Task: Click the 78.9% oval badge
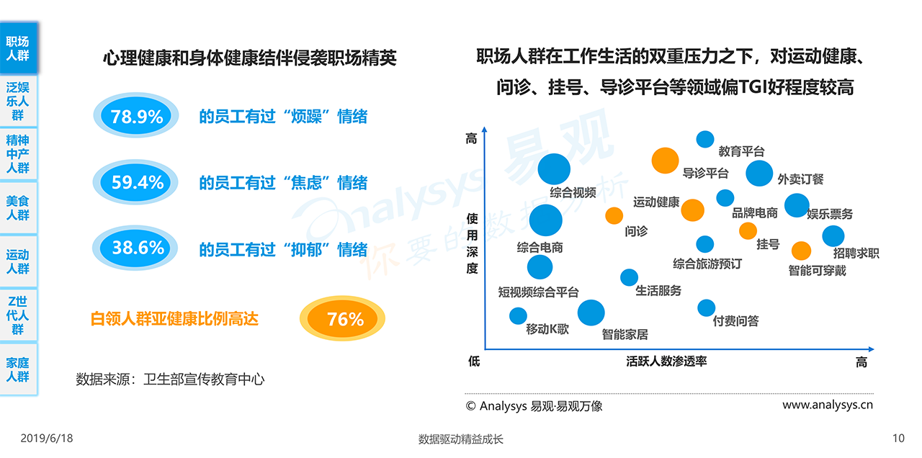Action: pyautogui.click(x=137, y=116)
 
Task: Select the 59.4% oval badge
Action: pyautogui.click(x=137, y=183)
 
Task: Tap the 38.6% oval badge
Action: pyautogui.click(x=137, y=248)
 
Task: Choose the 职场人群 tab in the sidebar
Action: pyautogui.click(x=18, y=48)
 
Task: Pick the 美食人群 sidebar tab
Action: pyautogui.click(x=18, y=208)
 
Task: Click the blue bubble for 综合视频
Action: pyautogui.click(x=554, y=169)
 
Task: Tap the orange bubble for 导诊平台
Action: pyautogui.click(x=665, y=161)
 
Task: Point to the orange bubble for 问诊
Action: pyautogui.click(x=614, y=215)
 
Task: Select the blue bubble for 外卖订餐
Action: pyautogui.click(x=759, y=174)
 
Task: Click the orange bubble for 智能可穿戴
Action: pyautogui.click(x=801, y=251)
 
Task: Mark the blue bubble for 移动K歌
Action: pyautogui.click(x=518, y=315)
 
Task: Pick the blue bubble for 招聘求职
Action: pyautogui.click(x=833, y=235)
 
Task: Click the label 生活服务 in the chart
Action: pyautogui.click(x=658, y=291)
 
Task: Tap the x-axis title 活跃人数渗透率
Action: pyautogui.click(x=666, y=361)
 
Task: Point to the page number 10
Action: pyautogui.click(x=898, y=439)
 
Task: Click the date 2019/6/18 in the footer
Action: pyautogui.click(x=47, y=439)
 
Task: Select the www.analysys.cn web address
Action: pyautogui.click(x=828, y=405)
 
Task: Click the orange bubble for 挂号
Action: pyautogui.click(x=748, y=230)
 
